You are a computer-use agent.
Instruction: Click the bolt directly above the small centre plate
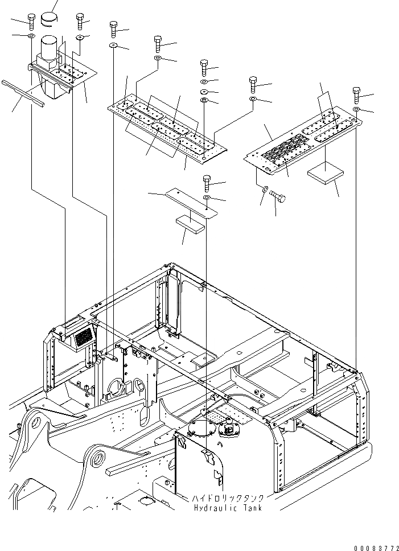click(x=207, y=183)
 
